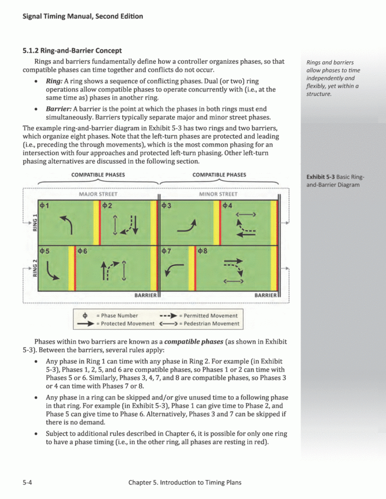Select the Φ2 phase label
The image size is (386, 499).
109,205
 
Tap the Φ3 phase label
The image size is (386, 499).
168,205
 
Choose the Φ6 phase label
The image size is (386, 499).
84,252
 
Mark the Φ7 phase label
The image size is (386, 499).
168,252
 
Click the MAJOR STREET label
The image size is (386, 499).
99,193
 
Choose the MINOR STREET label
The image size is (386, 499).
218,193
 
